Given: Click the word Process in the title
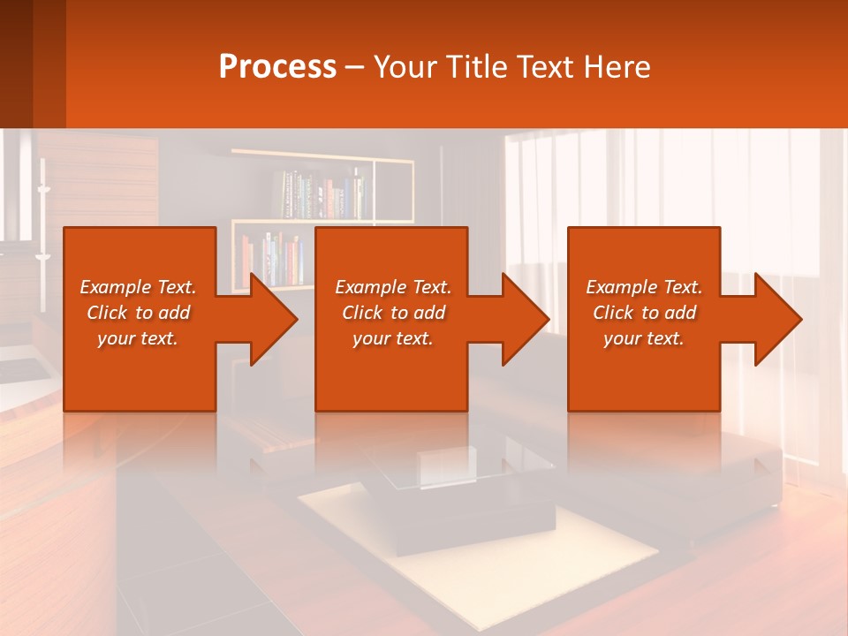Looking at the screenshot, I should point(277,67).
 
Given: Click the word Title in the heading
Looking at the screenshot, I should point(474,67).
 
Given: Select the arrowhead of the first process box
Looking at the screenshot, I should point(265,319).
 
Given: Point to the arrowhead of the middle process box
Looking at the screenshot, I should point(518,319).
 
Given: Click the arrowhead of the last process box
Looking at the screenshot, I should point(770,319).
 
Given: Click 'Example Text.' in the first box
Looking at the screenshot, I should point(138,287).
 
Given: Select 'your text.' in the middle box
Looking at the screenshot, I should point(392,338).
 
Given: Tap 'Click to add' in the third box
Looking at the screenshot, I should point(644,313).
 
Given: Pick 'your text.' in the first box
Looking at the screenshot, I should point(138,338).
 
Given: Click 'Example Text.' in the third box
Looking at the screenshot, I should point(644,287).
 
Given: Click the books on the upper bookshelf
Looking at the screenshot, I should point(322,194).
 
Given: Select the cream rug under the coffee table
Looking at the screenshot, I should point(601,556).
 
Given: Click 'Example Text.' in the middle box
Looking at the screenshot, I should point(392,287).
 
